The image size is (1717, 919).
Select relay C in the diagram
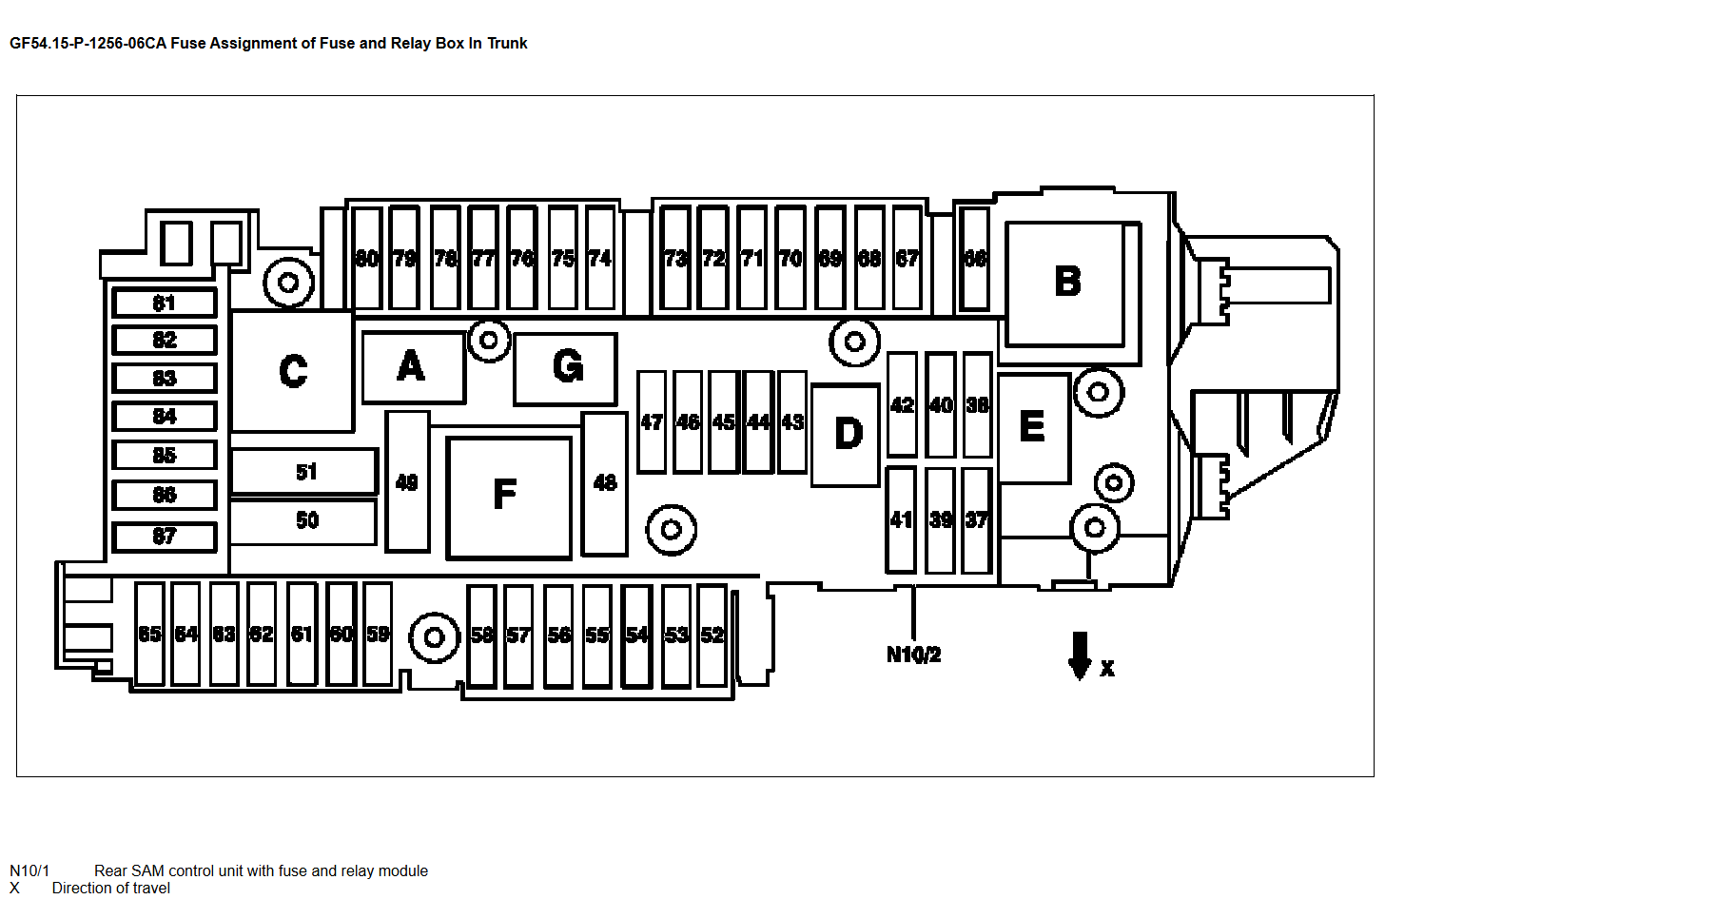293,370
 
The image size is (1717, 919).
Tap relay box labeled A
414,367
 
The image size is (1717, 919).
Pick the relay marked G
566,368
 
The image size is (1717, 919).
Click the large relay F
509,497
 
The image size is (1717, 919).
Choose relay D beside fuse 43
847,435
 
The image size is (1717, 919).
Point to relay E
1034,428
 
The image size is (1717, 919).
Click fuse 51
304,472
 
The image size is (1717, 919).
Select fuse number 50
304,521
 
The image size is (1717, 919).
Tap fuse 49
407,481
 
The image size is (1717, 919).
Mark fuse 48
605,483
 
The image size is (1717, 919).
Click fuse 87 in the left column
165,537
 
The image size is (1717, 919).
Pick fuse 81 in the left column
165,303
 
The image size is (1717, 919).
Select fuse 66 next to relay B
974,259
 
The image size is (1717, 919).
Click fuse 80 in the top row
367,259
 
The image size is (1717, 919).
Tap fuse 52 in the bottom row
712,635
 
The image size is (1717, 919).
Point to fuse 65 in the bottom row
150,635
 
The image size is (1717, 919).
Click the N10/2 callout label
913,655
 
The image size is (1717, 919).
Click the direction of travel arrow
1080,656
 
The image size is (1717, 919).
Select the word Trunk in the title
507,43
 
